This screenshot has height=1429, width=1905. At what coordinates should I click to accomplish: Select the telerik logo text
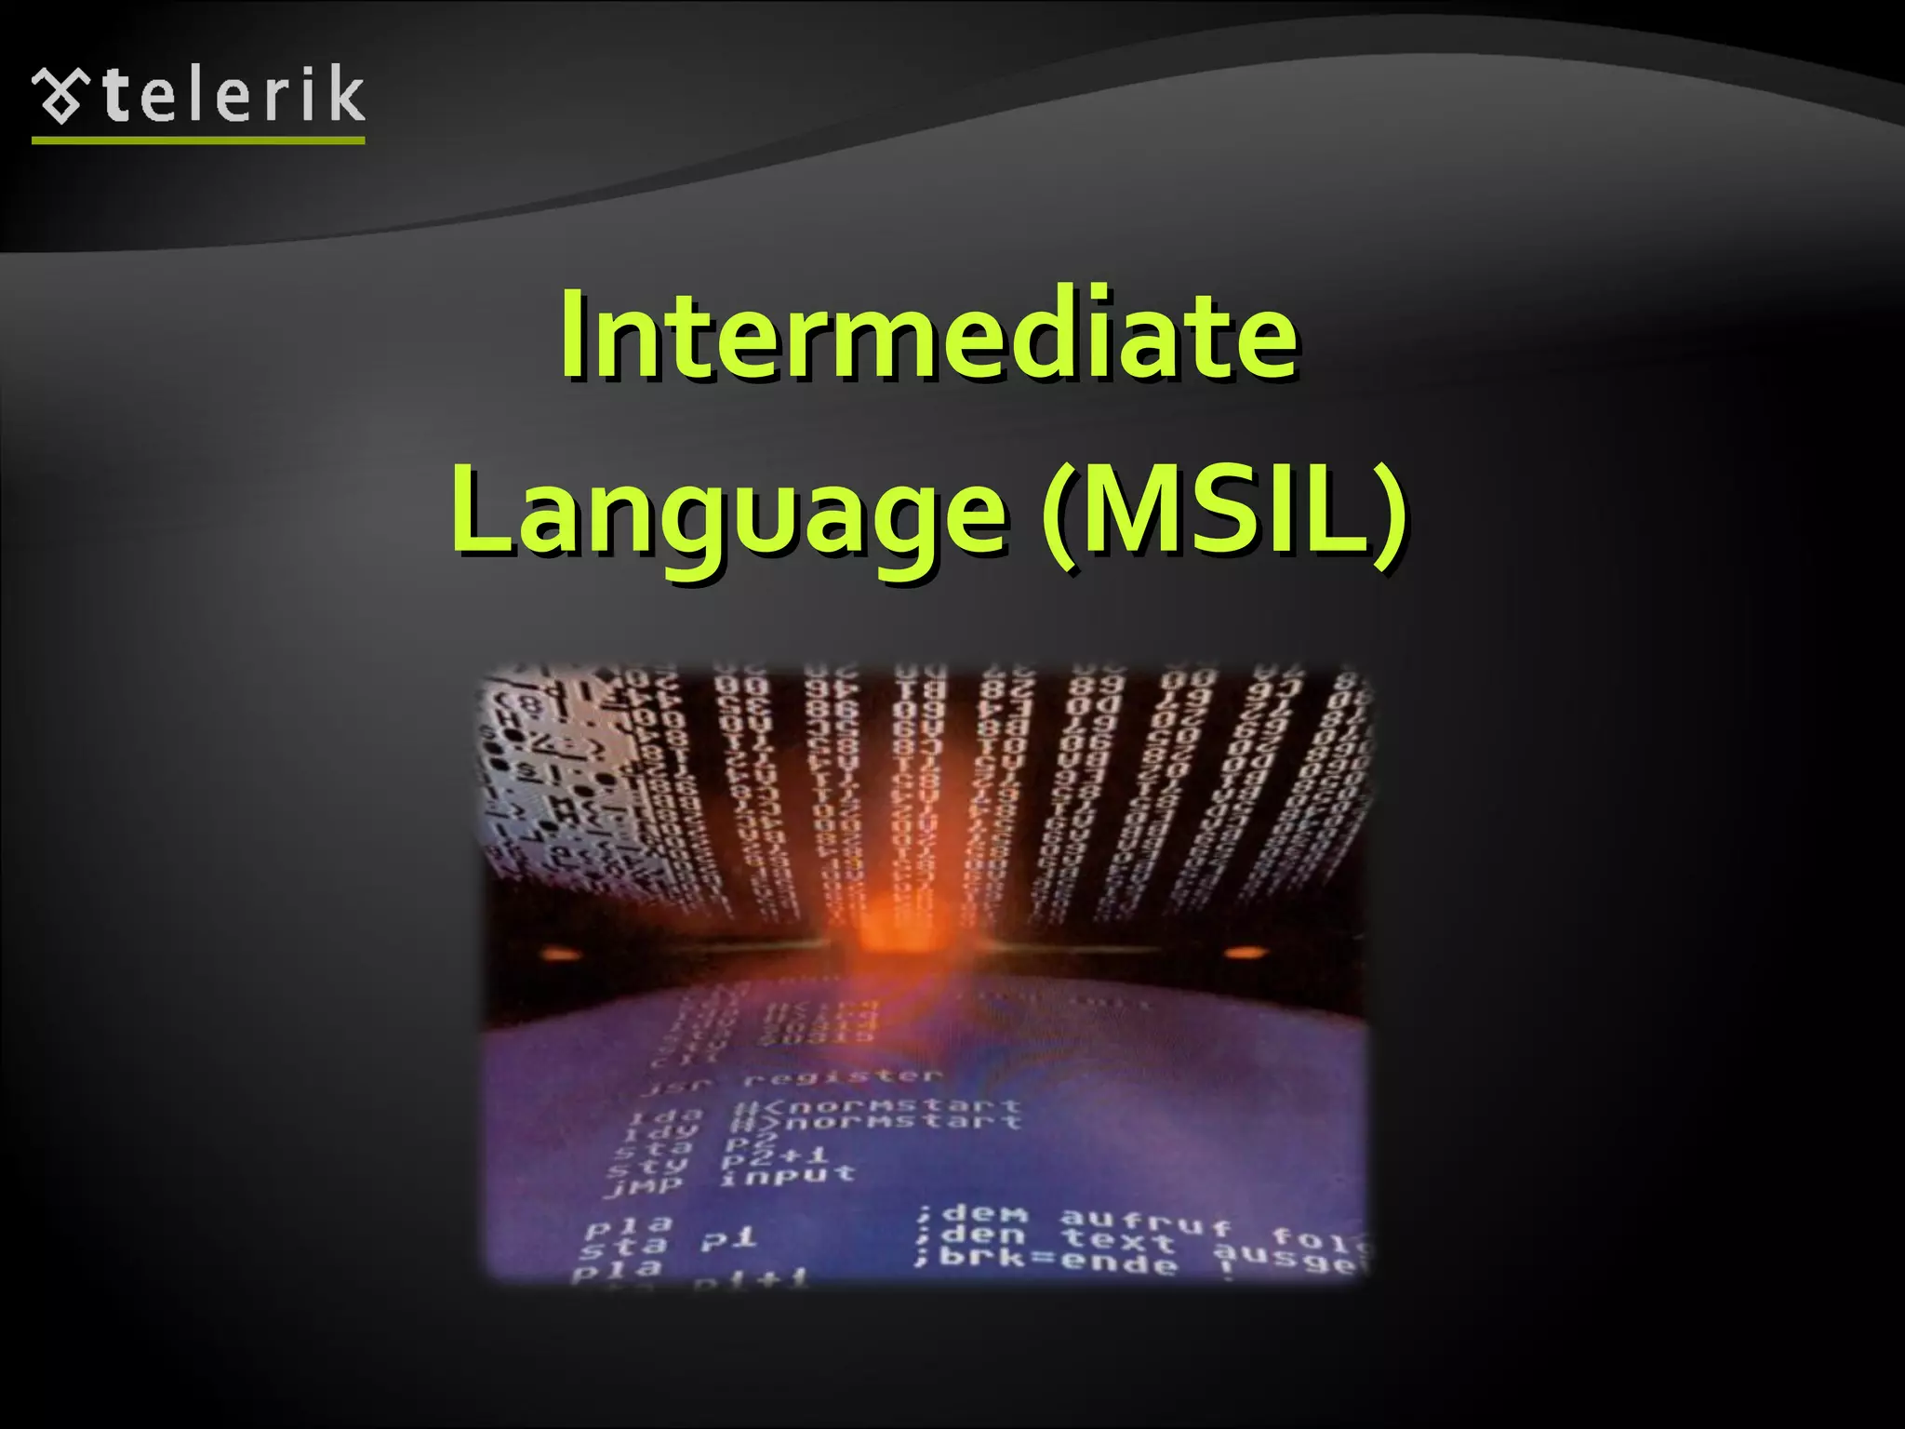point(233,96)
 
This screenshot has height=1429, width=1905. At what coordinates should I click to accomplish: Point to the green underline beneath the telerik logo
point(198,140)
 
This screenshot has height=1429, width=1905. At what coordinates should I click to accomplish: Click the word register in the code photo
point(843,1077)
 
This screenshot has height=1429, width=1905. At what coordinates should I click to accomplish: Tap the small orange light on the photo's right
point(1245,952)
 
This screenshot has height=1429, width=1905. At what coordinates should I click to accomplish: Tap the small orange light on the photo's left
point(556,954)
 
